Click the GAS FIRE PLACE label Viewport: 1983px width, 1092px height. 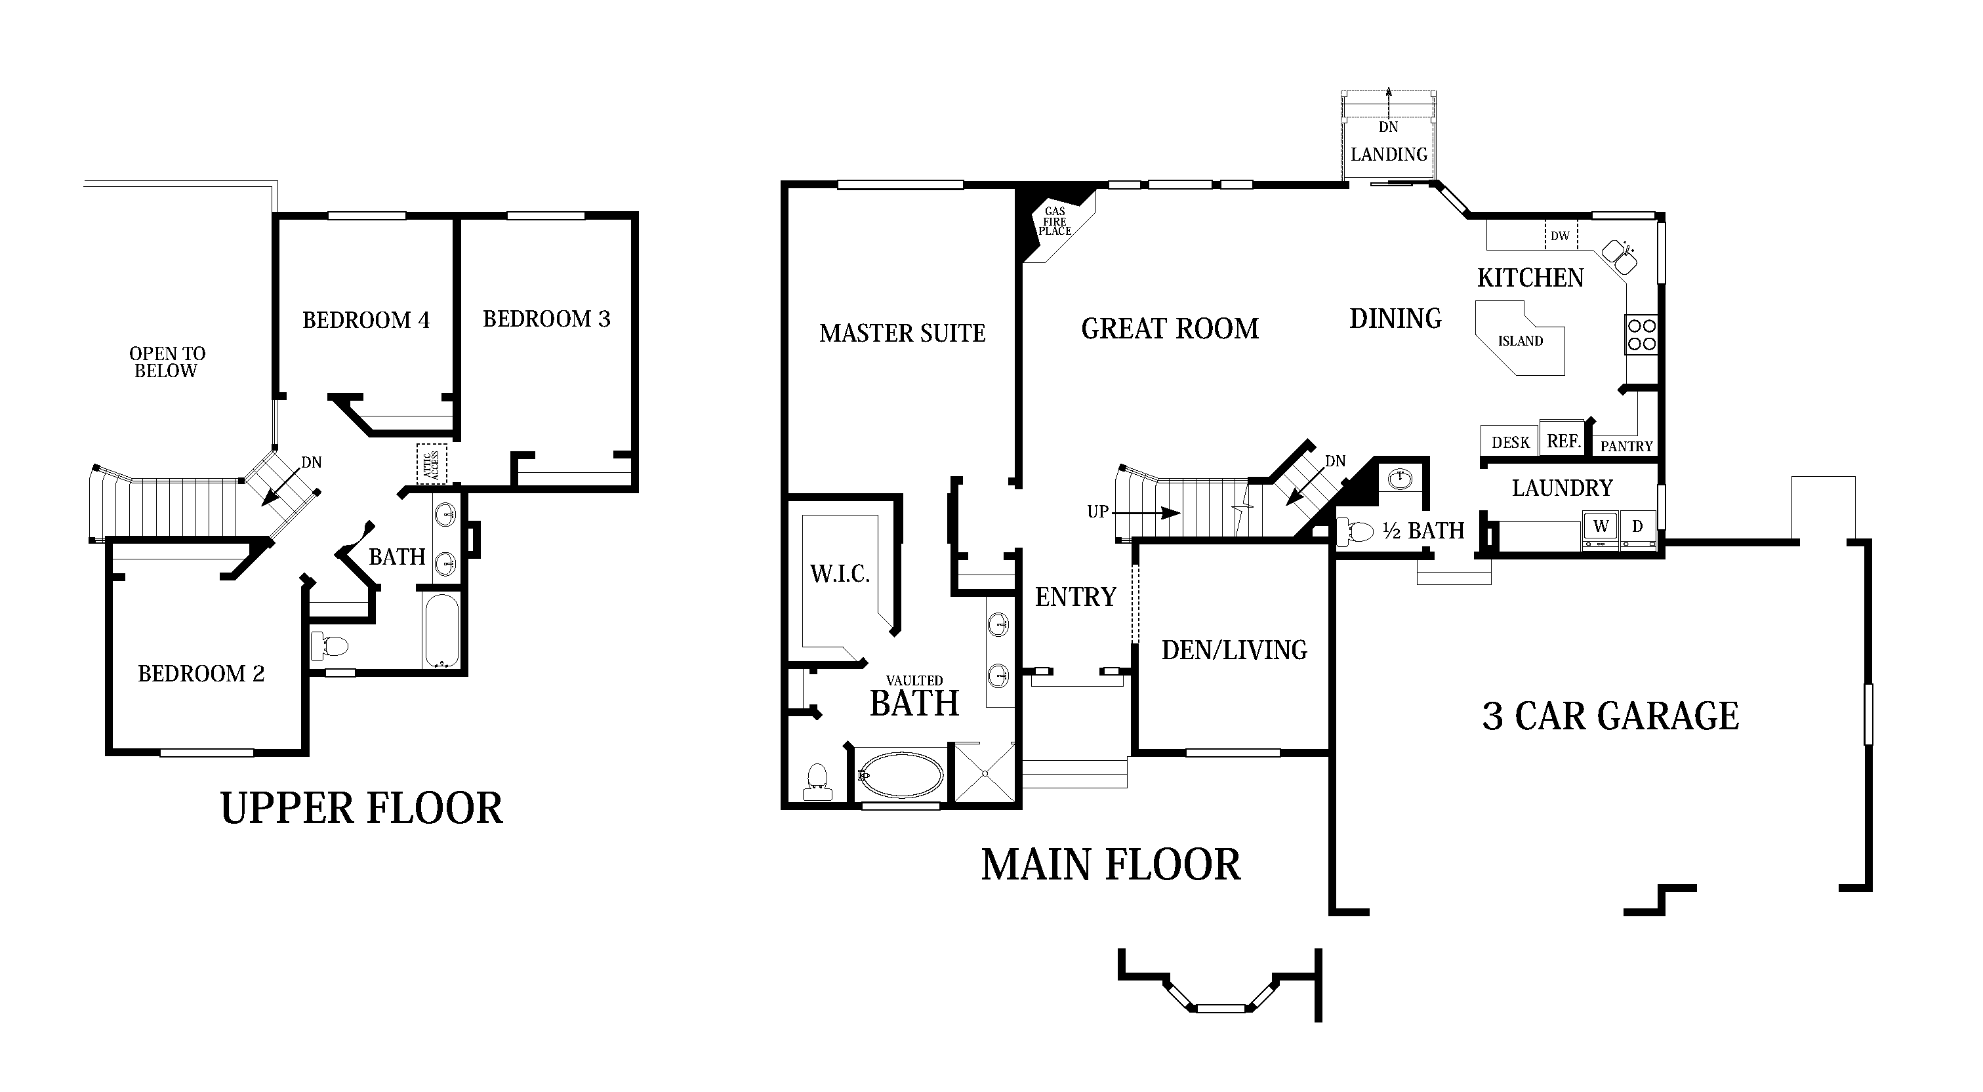[x=1055, y=222]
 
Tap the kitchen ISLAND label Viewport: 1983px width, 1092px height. [x=1520, y=341]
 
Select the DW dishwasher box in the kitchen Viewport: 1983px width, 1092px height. [x=1561, y=235]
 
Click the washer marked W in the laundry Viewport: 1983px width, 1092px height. [x=1601, y=527]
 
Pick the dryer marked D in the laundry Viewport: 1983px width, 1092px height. [x=1637, y=527]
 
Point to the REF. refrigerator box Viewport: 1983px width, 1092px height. [x=1563, y=441]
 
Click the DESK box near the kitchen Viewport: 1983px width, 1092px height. [x=1509, y=443]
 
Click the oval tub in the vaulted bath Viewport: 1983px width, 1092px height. [x=900, y=775]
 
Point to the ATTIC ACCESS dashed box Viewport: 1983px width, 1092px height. [x=431, y=464]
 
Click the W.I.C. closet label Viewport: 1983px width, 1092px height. [x=839, y=574]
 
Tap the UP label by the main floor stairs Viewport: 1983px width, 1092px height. [x=1097, y=512]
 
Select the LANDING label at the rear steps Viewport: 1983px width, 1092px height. [x=1389, y=155]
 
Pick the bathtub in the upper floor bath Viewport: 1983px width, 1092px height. [x=442, y=630]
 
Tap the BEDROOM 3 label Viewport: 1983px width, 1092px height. [x=546, y=319]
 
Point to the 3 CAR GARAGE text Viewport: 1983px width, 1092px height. [x=1610, y=716]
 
